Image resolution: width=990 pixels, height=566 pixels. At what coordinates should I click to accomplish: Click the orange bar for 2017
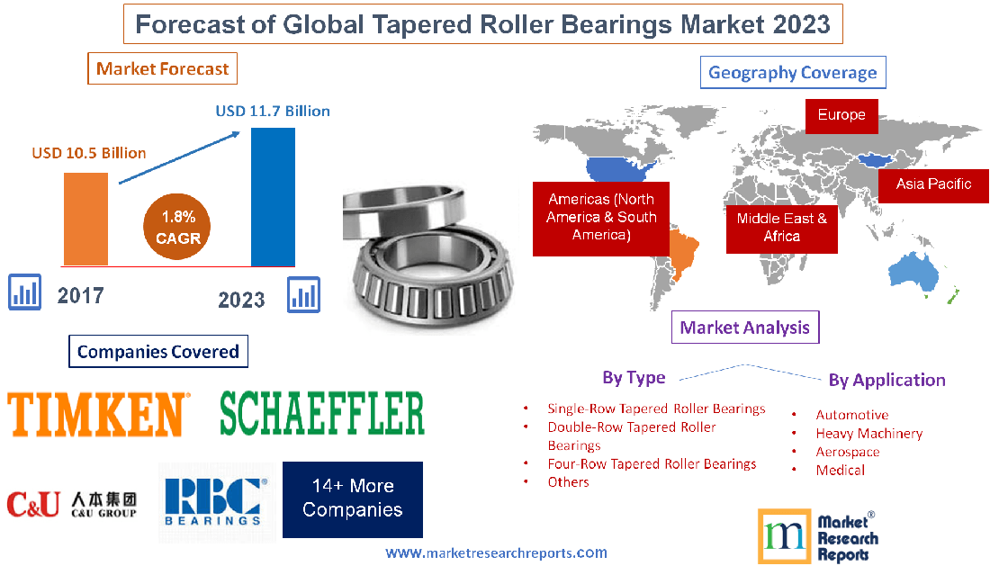coord(85,219)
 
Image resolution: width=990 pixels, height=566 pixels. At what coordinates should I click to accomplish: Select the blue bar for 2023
coord(273,196)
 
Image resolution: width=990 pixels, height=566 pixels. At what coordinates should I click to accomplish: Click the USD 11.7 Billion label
coord(273,112)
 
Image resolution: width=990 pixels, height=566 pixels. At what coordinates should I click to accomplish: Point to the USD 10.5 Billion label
coord(89,153)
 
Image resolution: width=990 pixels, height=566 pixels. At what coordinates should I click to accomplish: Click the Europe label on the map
coord(841,115)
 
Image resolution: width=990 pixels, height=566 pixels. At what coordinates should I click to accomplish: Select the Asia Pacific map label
coord(933,184)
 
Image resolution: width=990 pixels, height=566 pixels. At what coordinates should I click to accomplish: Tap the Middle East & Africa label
coord(781,227)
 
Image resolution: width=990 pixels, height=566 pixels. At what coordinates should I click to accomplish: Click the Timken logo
coord(98,414)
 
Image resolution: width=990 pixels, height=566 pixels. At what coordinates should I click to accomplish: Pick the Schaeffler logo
coord(322,413)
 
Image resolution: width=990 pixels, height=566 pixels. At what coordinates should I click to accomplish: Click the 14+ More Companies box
coord(352,499)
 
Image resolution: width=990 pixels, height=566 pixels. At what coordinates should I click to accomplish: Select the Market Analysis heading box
coord(745,328)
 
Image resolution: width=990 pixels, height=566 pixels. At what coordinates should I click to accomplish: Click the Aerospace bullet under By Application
coord(847,452)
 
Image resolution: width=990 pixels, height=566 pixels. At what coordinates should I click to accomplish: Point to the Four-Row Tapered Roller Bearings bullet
coord(652,464)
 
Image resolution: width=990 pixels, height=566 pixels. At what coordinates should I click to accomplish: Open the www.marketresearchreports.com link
coord(496,553)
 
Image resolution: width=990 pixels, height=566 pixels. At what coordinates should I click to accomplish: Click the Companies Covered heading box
coord(158,352)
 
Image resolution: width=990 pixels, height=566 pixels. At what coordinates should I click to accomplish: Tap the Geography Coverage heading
coord(793,73)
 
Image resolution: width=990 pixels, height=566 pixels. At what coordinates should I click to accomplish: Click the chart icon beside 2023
coord(303,295)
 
